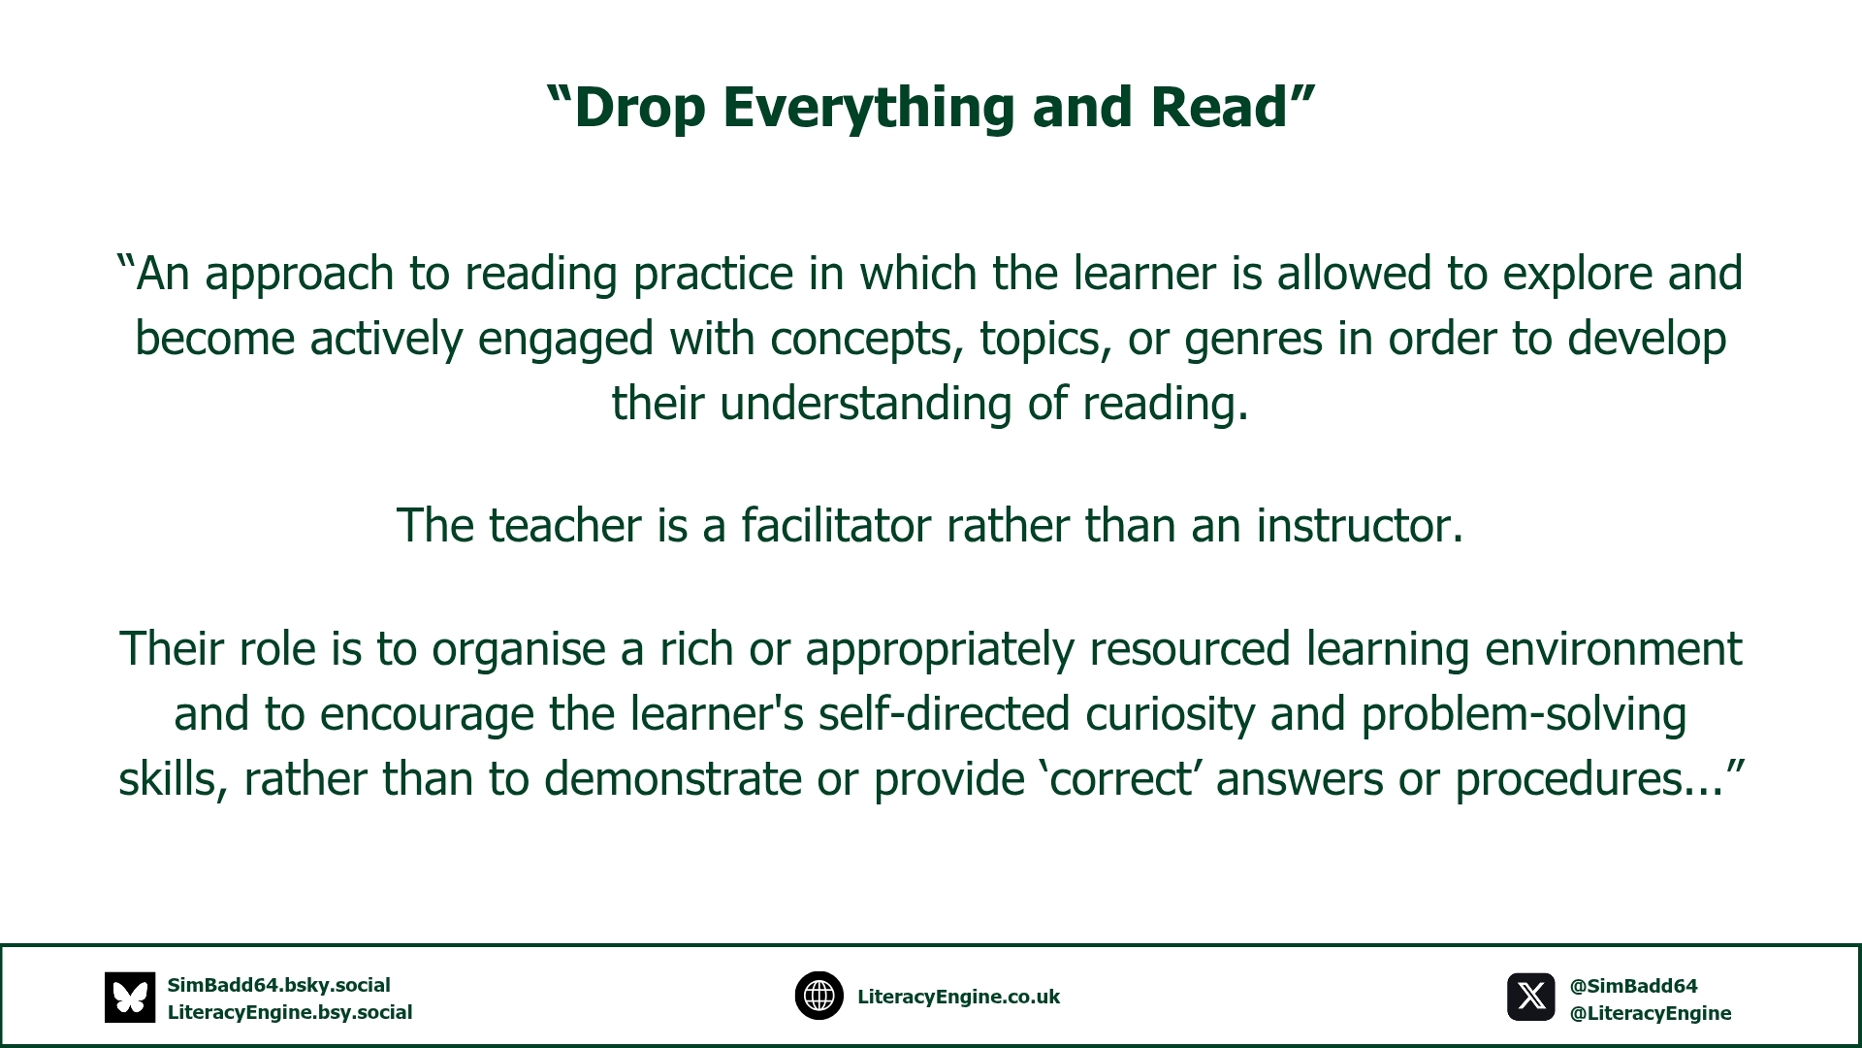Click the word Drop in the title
(x=639, y=108)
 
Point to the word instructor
(x=1360, y=525)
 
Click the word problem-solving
(x=1525, y=714)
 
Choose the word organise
(x=519, y=650)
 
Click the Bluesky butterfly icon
(x=130, y=998)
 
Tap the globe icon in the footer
(x=819, y=996)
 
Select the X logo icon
(x=1531, y=997)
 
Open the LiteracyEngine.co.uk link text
(x=958, y=998)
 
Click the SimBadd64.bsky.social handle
(x=279, y=986)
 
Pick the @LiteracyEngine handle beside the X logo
(x=1651, y=1014)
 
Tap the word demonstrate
(x=673, y=779)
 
